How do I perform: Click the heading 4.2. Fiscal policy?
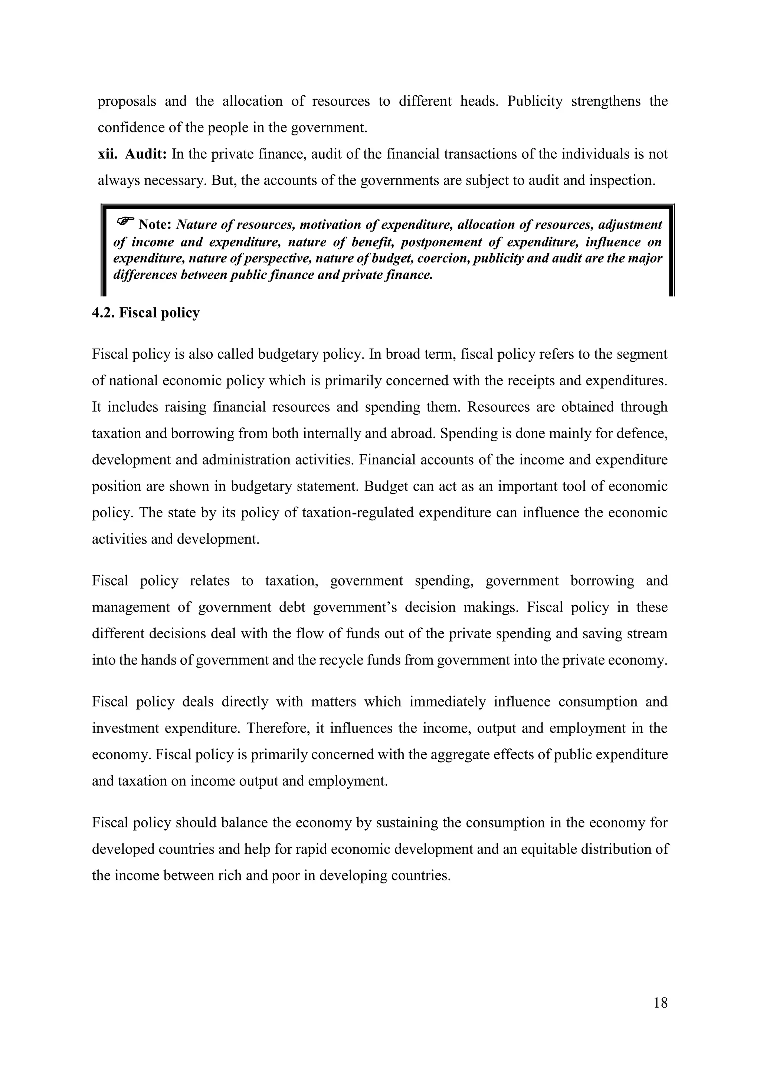[145, 313]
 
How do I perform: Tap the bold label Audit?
[145, 154]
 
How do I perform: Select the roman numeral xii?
[107, 154]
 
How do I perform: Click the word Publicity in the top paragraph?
[534, 101]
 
